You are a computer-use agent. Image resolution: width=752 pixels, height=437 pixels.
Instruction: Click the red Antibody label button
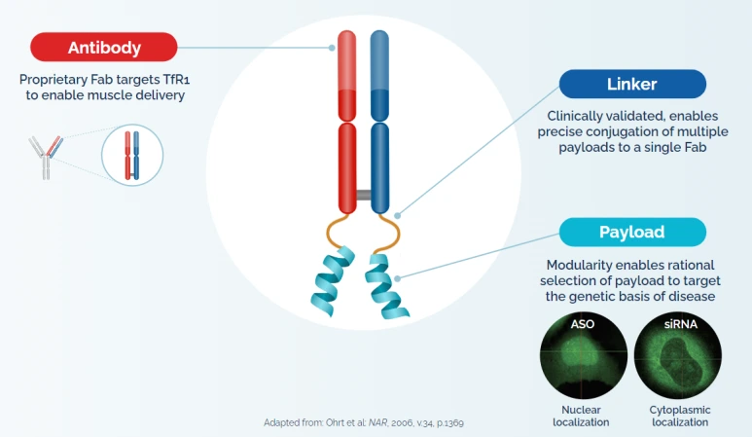[x=103, y=47]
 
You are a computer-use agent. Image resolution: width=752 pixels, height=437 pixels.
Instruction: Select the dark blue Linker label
[x=632, y=84]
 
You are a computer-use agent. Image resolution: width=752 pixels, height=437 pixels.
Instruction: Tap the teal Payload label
[x=632, y=233]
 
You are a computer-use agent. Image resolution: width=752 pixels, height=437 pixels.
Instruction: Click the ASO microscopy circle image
[x=583, y=355]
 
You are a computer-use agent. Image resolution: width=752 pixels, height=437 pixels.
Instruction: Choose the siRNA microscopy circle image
[x=678, y=355]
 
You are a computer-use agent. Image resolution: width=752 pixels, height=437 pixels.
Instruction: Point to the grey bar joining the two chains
[x=364, y=195]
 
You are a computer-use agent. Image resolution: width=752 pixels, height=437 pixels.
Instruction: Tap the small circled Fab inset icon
[x=132, y=155]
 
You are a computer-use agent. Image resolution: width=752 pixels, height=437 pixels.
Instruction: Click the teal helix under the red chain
[x=333, y=281]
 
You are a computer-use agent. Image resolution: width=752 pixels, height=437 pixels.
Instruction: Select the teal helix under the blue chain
[x=385, y=286]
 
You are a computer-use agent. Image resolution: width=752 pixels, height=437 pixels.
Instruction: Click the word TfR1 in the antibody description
[x=176, y=79]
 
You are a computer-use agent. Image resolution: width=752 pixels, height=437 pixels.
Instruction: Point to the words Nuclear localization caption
[x=581, y=416]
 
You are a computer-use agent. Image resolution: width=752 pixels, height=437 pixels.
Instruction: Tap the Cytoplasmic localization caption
[x=680, y=416]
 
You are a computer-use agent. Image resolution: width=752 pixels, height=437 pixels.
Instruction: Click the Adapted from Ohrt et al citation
[x=364, y=422]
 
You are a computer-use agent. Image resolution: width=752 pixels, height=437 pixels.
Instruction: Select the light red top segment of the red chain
[x=346, y=60]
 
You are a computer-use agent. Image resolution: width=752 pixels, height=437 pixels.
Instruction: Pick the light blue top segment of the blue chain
[x=379, y=60]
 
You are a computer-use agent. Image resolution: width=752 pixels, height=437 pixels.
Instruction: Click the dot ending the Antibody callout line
[x=332, y=48]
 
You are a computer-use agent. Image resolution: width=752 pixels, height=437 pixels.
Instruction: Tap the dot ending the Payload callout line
[x=397, y=278]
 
